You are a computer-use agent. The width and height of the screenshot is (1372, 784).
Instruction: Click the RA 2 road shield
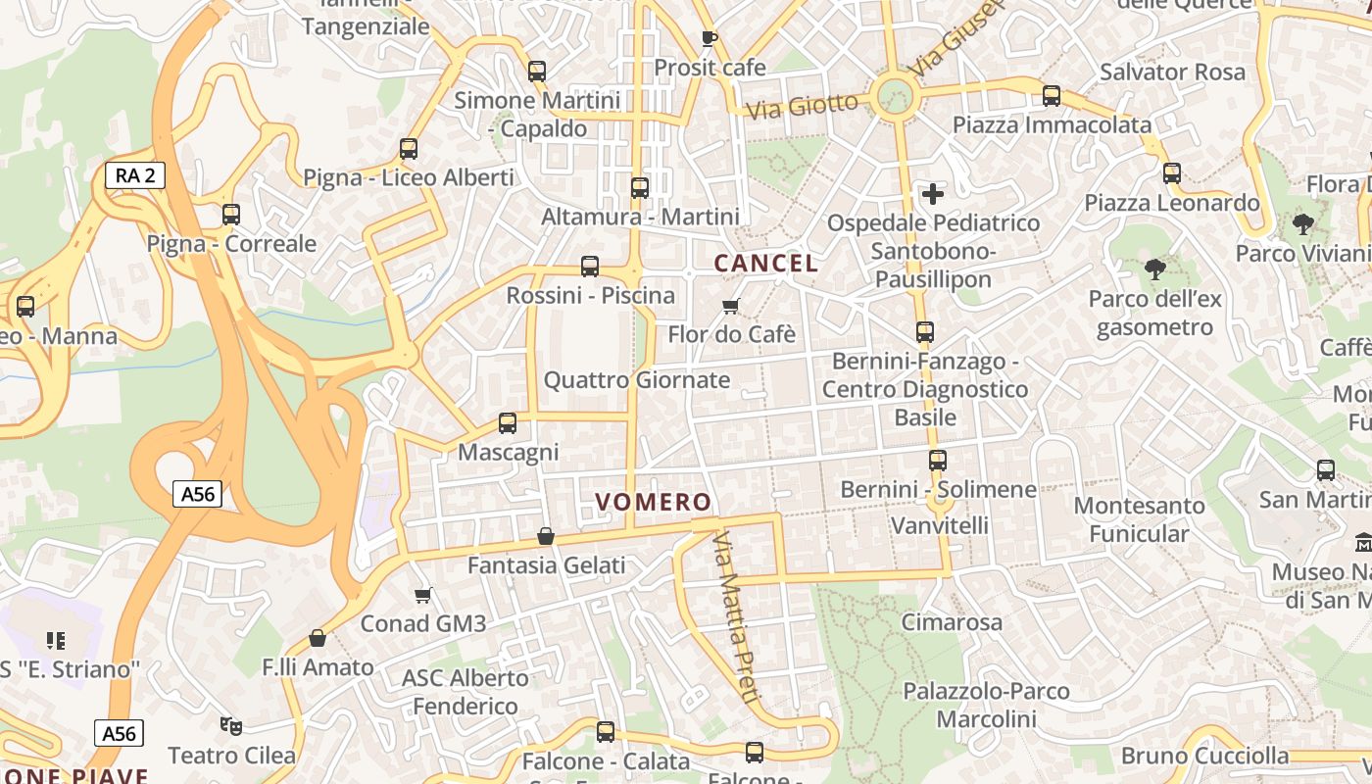(x=135, y=175)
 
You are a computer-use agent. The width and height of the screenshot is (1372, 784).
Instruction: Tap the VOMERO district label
(x=654, y=503)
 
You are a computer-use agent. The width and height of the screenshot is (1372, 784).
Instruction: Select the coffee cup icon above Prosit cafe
(x=710, y=38)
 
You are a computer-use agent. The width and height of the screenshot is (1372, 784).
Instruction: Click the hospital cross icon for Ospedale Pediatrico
(x=932, y=193)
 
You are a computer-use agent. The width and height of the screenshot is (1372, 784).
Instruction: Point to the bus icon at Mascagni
(x=507, y=423)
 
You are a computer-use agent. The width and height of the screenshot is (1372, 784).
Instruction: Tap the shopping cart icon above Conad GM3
(x=423, y=595)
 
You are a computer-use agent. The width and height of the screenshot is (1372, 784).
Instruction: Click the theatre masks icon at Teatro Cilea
(x=231, y=726)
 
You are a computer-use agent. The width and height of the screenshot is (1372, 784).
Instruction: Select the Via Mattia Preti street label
(x=737, y=617)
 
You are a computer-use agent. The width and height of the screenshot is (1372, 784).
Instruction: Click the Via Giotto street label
(x=802, y=104)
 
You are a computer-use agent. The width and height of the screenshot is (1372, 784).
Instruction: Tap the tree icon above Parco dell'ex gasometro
(x=1155, y=269)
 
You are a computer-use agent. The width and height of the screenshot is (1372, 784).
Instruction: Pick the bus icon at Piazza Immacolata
(x=1052, y=96)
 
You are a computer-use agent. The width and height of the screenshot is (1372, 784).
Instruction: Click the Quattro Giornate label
(x=637, y=380)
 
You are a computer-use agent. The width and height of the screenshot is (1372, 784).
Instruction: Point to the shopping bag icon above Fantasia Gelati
(x=546, y=536)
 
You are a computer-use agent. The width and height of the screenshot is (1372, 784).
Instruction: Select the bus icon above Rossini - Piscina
(x=590, y=266)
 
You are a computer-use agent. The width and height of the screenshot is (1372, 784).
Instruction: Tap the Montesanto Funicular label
(x=1139, y=519)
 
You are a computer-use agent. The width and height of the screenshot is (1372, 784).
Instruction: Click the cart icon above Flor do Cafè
(x=730, y=307)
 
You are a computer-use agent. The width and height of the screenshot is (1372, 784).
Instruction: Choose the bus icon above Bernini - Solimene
(x=938, y=460)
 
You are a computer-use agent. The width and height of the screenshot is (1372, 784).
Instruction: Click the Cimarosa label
(x=952, y=622)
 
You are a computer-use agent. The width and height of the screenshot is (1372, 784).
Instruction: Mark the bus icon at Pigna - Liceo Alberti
(x=409, y=149)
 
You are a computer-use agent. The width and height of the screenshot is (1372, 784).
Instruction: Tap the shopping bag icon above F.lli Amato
(x=318, y=638)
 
